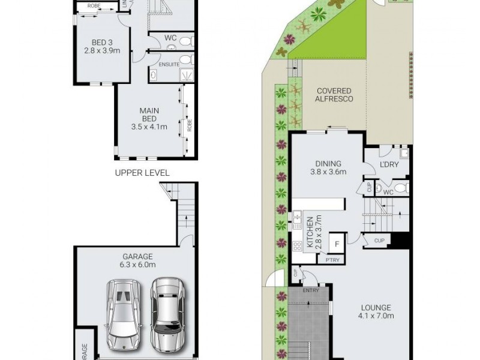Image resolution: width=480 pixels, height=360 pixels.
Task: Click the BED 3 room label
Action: pos(102,42)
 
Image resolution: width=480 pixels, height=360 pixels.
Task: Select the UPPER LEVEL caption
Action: pos(142,172)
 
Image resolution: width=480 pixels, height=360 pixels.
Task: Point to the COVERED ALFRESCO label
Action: pos(334,95)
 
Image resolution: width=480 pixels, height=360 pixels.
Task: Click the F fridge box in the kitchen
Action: pos(337,244)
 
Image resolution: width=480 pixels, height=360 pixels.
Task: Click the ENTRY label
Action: pos(311,290)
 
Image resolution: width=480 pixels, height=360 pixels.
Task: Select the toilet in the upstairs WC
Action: pos(185,41)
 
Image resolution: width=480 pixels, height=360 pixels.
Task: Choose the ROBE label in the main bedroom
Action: pos(190,126)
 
